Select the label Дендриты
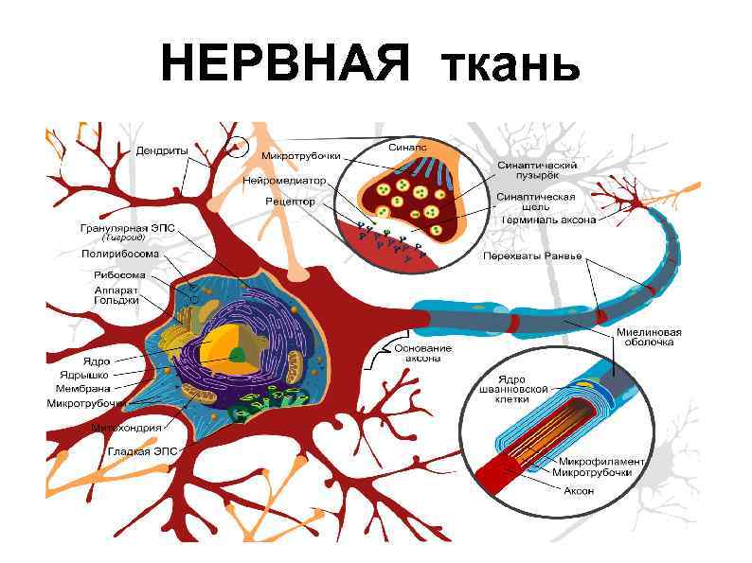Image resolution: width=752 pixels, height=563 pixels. point(161,150)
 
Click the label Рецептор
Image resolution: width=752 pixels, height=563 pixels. point(283,201)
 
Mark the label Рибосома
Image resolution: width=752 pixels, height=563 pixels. point(119,275)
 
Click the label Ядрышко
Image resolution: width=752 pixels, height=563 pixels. point(83,375)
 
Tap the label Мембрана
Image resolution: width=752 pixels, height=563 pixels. point(82,388)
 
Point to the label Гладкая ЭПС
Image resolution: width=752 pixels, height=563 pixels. point(138,452)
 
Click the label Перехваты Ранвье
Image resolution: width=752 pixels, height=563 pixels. point(531,255)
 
